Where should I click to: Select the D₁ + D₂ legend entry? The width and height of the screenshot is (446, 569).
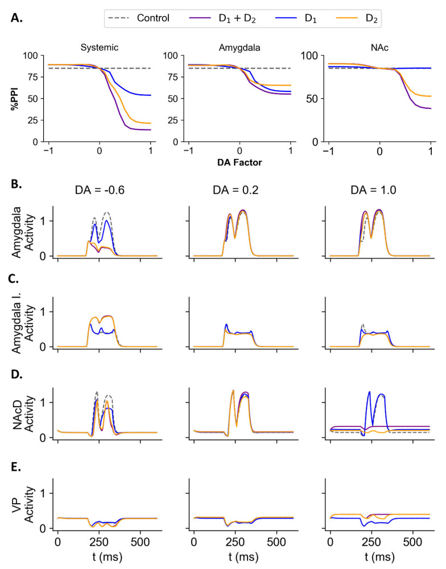coord(222,18)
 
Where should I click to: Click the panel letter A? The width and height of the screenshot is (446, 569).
coord(16,18)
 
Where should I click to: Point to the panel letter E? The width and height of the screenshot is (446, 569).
coord(15,467)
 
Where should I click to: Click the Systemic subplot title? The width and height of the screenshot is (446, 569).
coord(99,48)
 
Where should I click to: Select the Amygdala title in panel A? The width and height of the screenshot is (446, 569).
coord(239,48)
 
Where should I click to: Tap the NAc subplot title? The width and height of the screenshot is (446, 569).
coord(379,48)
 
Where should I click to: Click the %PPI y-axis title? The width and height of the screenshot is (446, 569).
coord(15,98)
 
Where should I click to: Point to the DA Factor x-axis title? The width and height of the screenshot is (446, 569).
coord(239,162)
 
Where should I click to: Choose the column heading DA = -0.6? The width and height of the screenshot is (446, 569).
coord(100,190)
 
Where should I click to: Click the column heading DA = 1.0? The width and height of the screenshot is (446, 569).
coord(373,190)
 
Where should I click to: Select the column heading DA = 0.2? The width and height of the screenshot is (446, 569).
coord(236,190)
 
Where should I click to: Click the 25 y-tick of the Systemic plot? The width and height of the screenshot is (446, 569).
coord(32,120)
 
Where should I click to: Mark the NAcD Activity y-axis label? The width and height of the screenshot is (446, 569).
coord(23,413)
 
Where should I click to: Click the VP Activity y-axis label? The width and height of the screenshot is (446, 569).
coord(23,504)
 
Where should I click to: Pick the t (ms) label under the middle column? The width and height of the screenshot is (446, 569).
coord(243,557)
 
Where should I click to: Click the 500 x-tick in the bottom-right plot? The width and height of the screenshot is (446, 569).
coord(412,542)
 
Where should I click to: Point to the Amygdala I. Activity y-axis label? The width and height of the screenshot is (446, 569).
coord(23,324)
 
